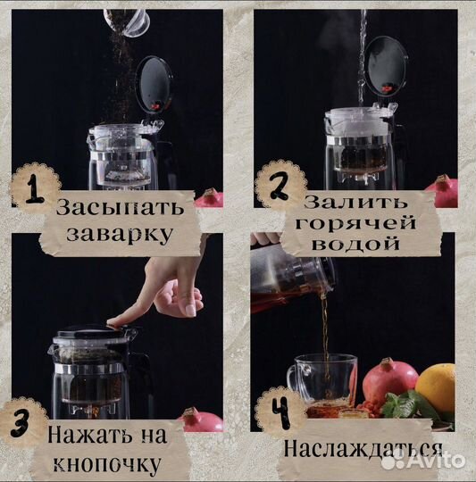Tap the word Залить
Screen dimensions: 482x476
coord(366,202)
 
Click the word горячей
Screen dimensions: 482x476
coord(366,222)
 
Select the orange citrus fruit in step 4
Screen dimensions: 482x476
coord(436,386)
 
